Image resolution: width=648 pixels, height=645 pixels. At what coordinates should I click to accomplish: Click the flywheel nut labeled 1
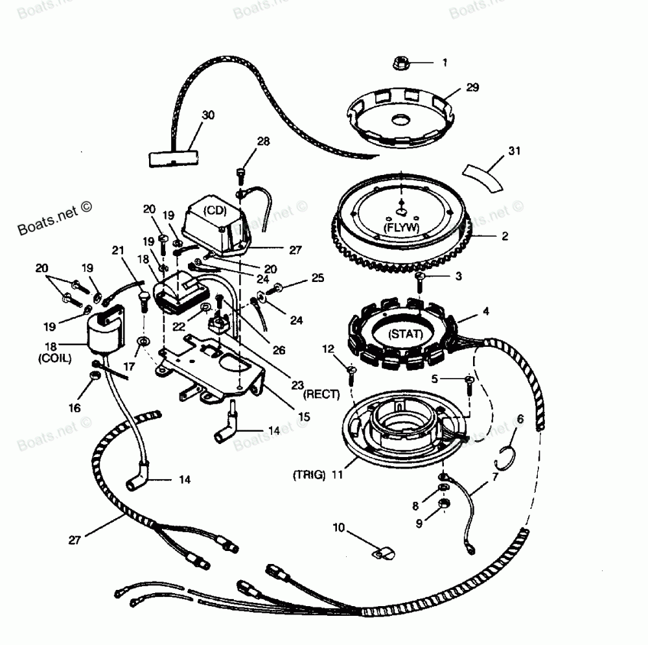(400, 63)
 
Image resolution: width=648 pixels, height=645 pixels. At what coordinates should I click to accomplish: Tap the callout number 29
(472, 88)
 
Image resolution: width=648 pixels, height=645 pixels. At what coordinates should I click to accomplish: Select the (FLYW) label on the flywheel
(401, 228)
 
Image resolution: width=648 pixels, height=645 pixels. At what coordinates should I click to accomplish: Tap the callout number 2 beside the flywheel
(504, 237)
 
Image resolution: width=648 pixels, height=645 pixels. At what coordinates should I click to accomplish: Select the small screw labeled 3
(419, 278)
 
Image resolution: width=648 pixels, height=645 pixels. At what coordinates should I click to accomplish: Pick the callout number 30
(207, 115)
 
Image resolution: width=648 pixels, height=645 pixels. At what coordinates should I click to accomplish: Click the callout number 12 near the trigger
(329, 350)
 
